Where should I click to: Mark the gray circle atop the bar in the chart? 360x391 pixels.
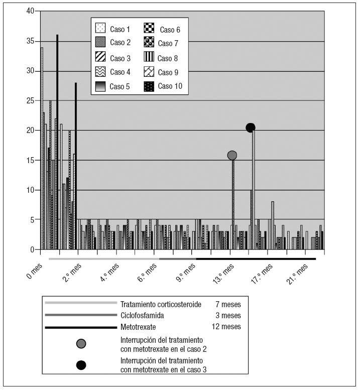pos(232,156)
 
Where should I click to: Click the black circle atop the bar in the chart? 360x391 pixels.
pos(251,127)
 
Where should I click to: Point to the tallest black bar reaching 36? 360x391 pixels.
pos(57,141)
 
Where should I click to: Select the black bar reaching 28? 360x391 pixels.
pos(76,166)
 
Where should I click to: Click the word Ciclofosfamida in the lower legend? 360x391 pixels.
pos(142,315)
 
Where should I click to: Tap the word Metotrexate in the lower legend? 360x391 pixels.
pos(137,327)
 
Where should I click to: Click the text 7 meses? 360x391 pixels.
pos(227,304)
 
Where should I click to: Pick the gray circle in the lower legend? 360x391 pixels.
pos(81,344)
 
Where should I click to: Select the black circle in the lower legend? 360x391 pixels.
pos(81,365)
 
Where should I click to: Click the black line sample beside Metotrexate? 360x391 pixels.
pos(81,327)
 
